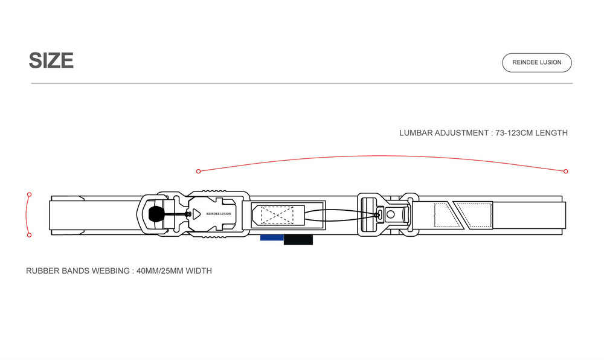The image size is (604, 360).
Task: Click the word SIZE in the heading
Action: pyautogui.click(x=51, y=60)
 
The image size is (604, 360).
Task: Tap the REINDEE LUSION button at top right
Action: pyautogui.click(x=536, y=62)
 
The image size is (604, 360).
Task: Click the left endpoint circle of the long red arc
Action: pyautogui.click(x=198, y=172)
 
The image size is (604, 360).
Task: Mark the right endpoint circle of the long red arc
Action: pyautogui.click(x=565, y=172)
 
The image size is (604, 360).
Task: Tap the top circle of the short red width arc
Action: pyautogui.click(x=29, y=194)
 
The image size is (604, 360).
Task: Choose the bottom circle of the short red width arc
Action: pyautogui.click(x=29, y=235)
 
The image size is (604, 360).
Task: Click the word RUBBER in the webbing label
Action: pyautogui.click(x=43, y=271)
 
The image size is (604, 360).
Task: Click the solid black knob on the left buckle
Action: pyautogui.click(x=155, y=214)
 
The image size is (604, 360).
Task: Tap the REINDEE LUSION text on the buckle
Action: pyautogui.click(x=218, y=214)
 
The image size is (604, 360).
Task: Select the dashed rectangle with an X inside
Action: pyautogui.click(x=277, y=214)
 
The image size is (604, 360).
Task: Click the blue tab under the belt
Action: pyautogui.click(x=272, y=237)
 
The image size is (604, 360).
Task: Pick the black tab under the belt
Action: pyautogui.click(x=298, y=239)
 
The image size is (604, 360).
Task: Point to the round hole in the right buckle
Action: pyautogui.click(x=391, y=214)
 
